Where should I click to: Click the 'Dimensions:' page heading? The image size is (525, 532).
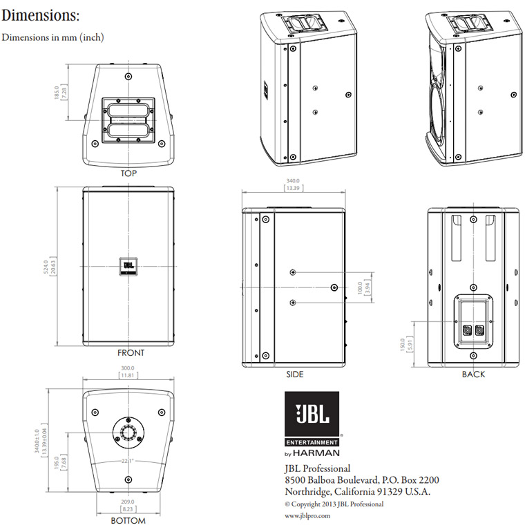(40, 15)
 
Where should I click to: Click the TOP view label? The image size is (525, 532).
(128, 173)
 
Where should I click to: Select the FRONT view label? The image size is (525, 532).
(131, 353)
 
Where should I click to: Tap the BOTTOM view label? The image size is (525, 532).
(128, 520)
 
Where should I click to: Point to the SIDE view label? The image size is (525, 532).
(294, 374)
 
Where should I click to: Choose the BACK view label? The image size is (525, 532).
(473, 374)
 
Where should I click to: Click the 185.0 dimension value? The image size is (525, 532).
(58, 92)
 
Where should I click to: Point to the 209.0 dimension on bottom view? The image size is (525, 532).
(128, 502)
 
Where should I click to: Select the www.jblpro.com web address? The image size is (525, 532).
(307, 515)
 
